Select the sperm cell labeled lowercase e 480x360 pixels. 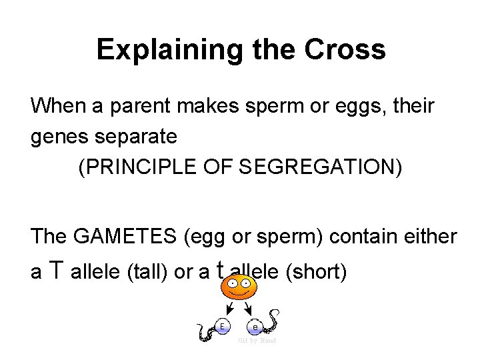(x=255, y=326)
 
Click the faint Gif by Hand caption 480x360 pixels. (x=257, y=341)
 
